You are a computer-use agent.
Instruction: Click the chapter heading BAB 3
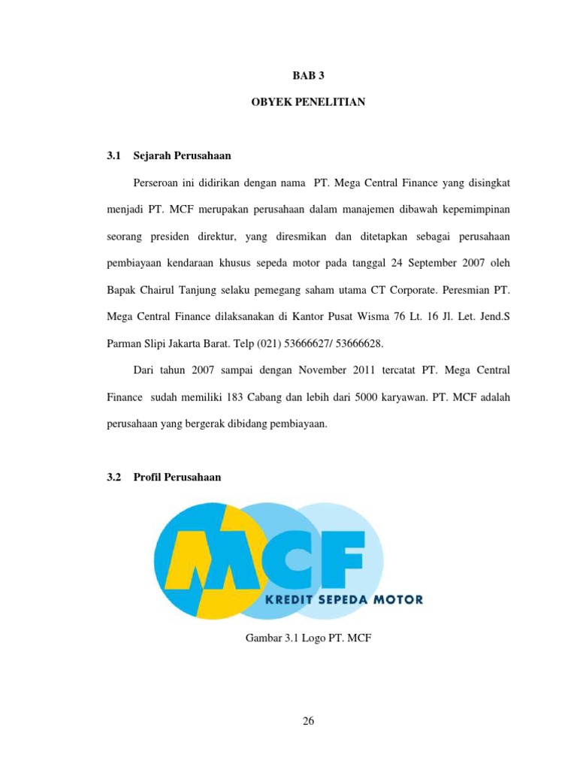click(x=308, y=76)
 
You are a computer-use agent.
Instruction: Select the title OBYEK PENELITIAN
click(x=308, y=101)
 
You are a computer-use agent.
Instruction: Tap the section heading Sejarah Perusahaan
click(x=182, y=156)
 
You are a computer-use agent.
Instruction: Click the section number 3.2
click(x=114, y=477)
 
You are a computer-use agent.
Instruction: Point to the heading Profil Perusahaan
click(x=177, y=477)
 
